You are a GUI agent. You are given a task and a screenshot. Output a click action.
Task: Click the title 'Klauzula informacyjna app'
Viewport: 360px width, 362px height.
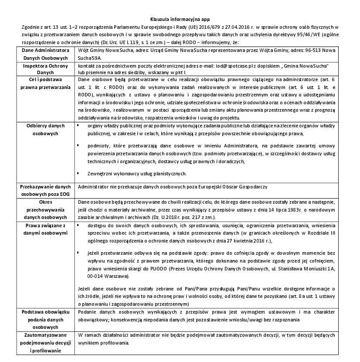coord(180,20)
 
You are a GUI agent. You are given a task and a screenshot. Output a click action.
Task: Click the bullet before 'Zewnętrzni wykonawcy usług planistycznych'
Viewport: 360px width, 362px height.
coord(78,173)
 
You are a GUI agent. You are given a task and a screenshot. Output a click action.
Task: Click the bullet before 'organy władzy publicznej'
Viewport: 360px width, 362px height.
coord(78,125)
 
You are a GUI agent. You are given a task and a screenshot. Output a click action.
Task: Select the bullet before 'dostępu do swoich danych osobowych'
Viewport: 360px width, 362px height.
coord(78,225)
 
